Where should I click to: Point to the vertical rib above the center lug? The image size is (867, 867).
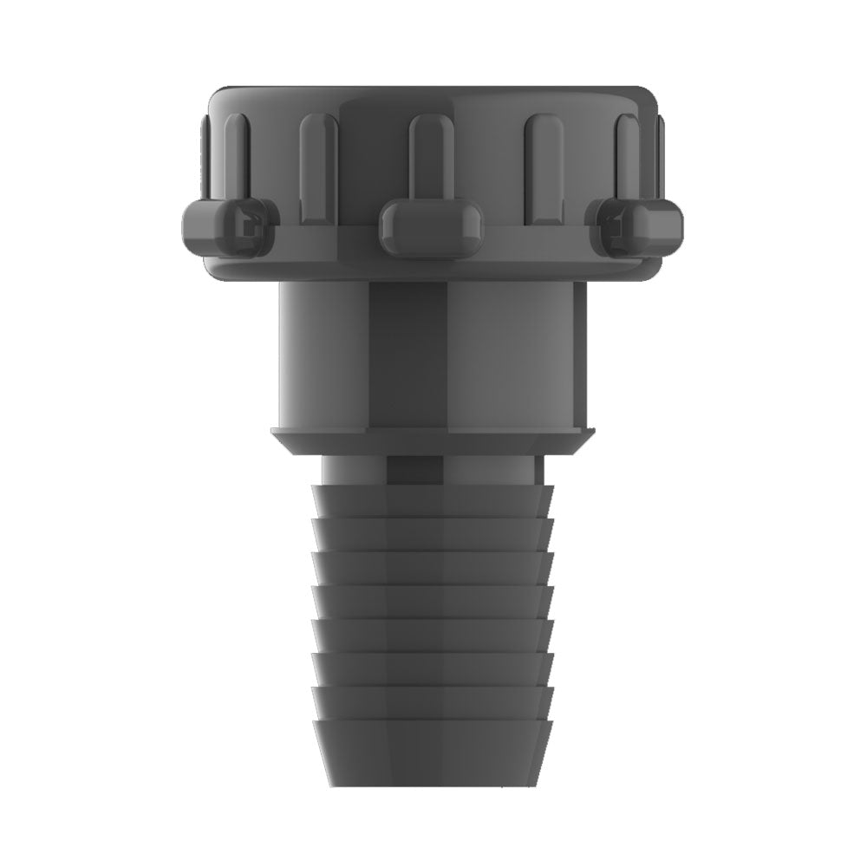[425, 156]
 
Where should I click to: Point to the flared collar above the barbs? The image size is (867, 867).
[433, 440]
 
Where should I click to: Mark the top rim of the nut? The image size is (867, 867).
[433, 91]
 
